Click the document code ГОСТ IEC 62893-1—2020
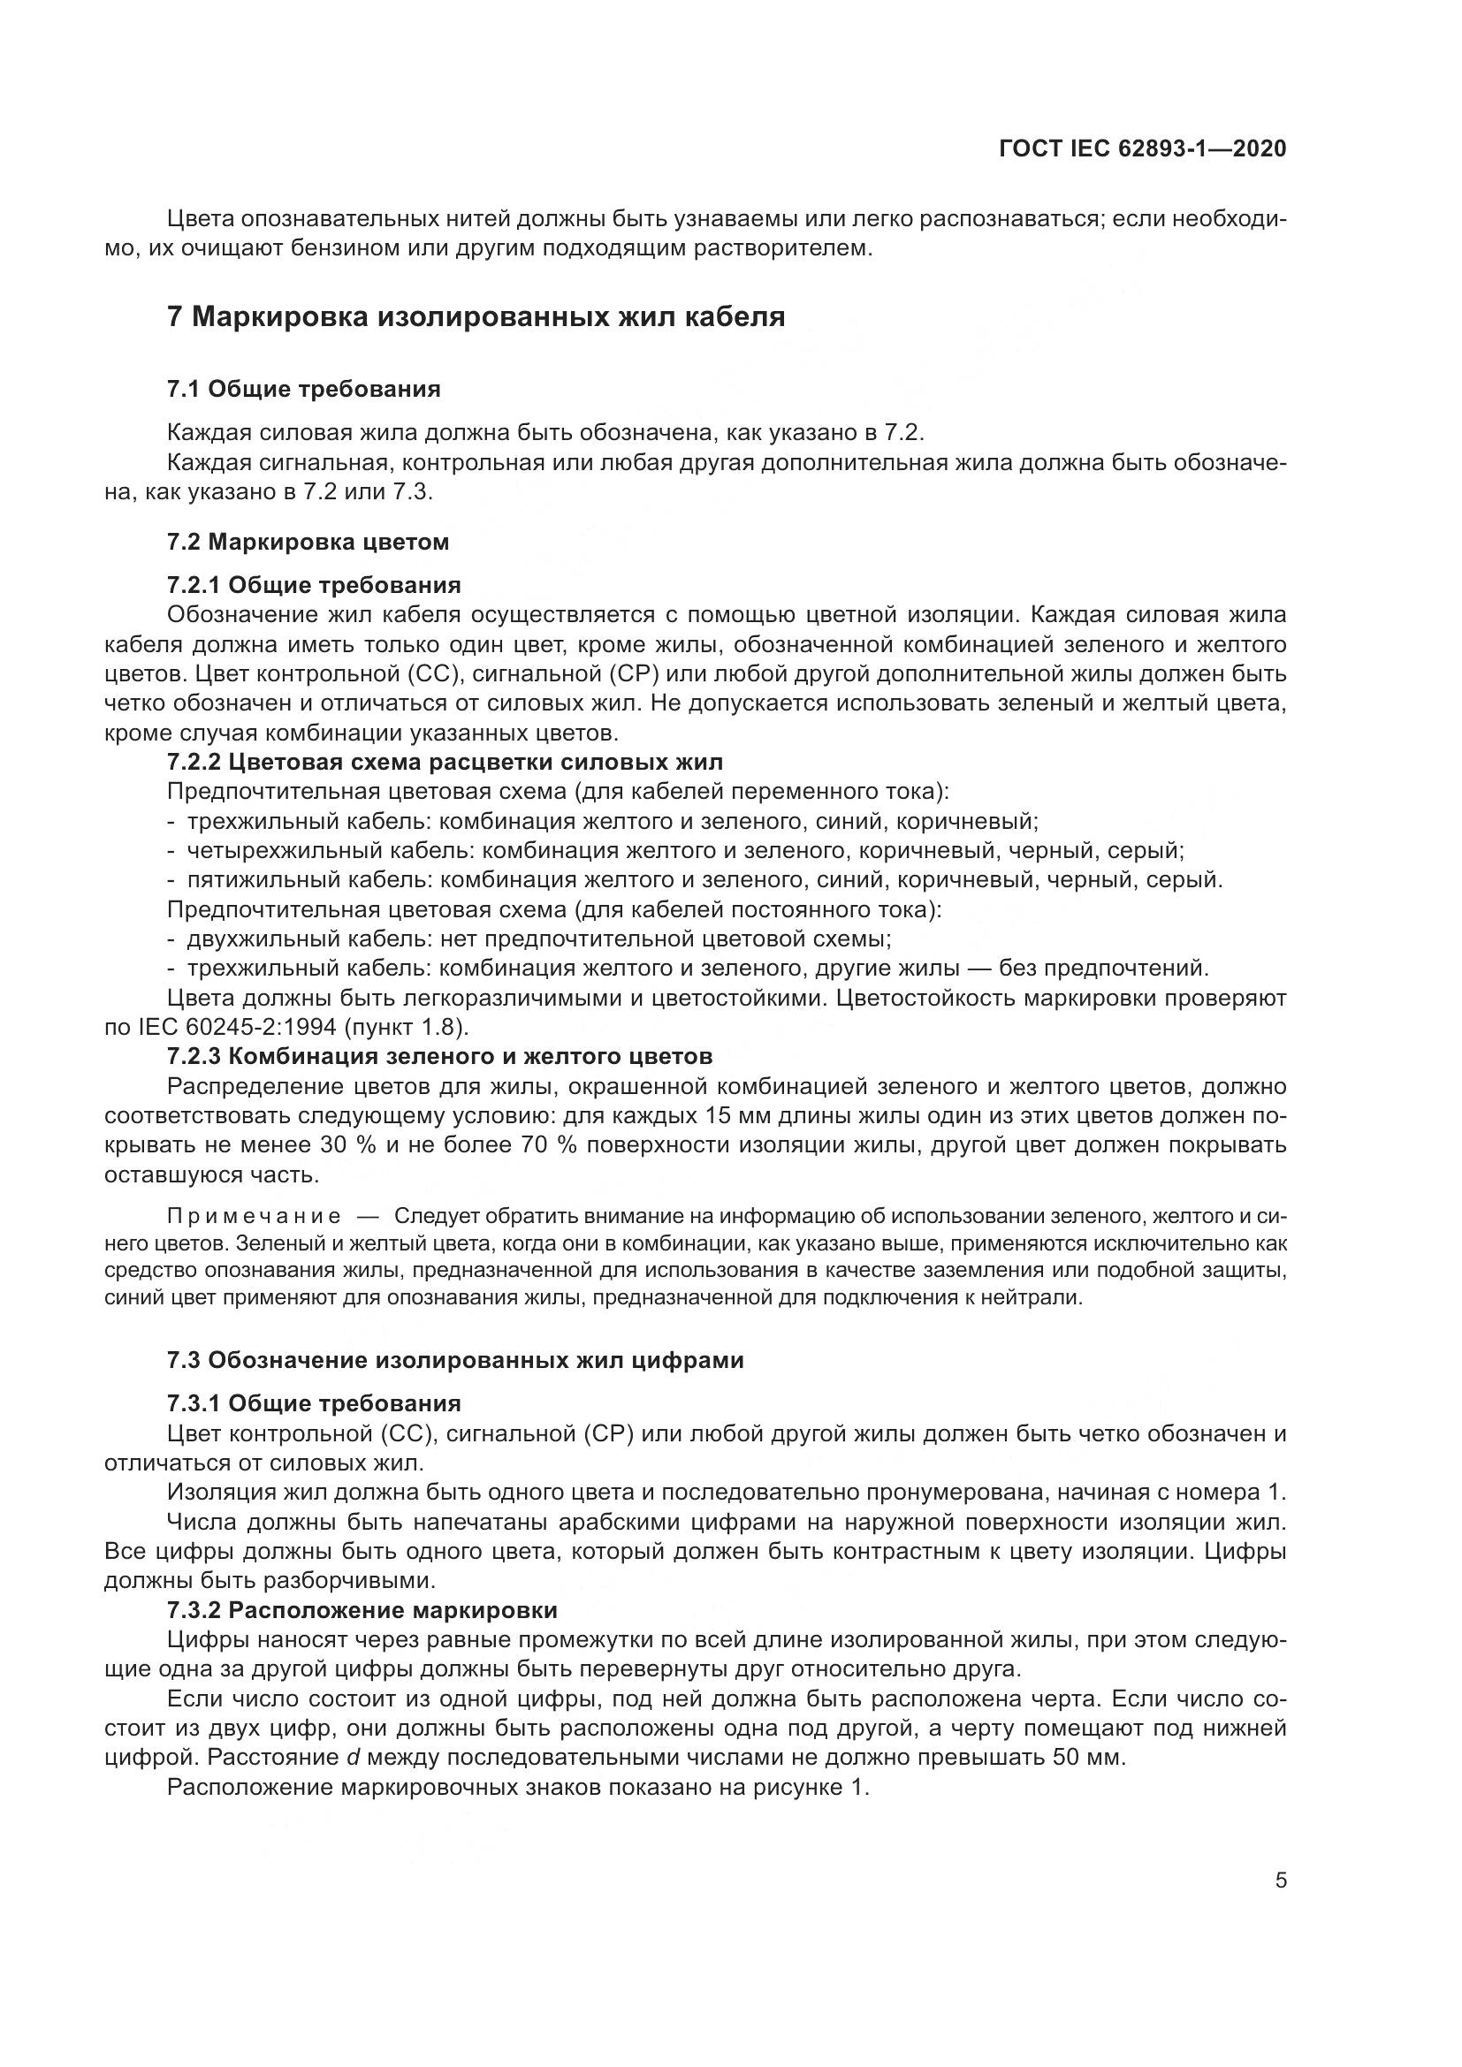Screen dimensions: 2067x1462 pyautogui.click(x=1142, y=148)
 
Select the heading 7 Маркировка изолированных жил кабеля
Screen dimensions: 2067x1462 pyautogui.click(x=476, y=317)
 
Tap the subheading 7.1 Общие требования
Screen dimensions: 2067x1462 pyautogui.click(x=303, y=389)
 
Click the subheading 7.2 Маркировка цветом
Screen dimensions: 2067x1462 pyautogui.click(x=308, y=542)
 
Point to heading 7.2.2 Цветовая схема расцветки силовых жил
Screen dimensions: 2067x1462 pyautogui.click(x=445, y=763)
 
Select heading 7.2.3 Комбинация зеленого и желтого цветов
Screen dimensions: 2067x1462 pyautogui.click(x=439, y=1055)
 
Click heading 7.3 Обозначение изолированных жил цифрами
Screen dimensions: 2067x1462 pyautogui.click(x=455, y=1359)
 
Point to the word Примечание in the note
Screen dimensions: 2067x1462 pyautogui.click(x=254, y=1217)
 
